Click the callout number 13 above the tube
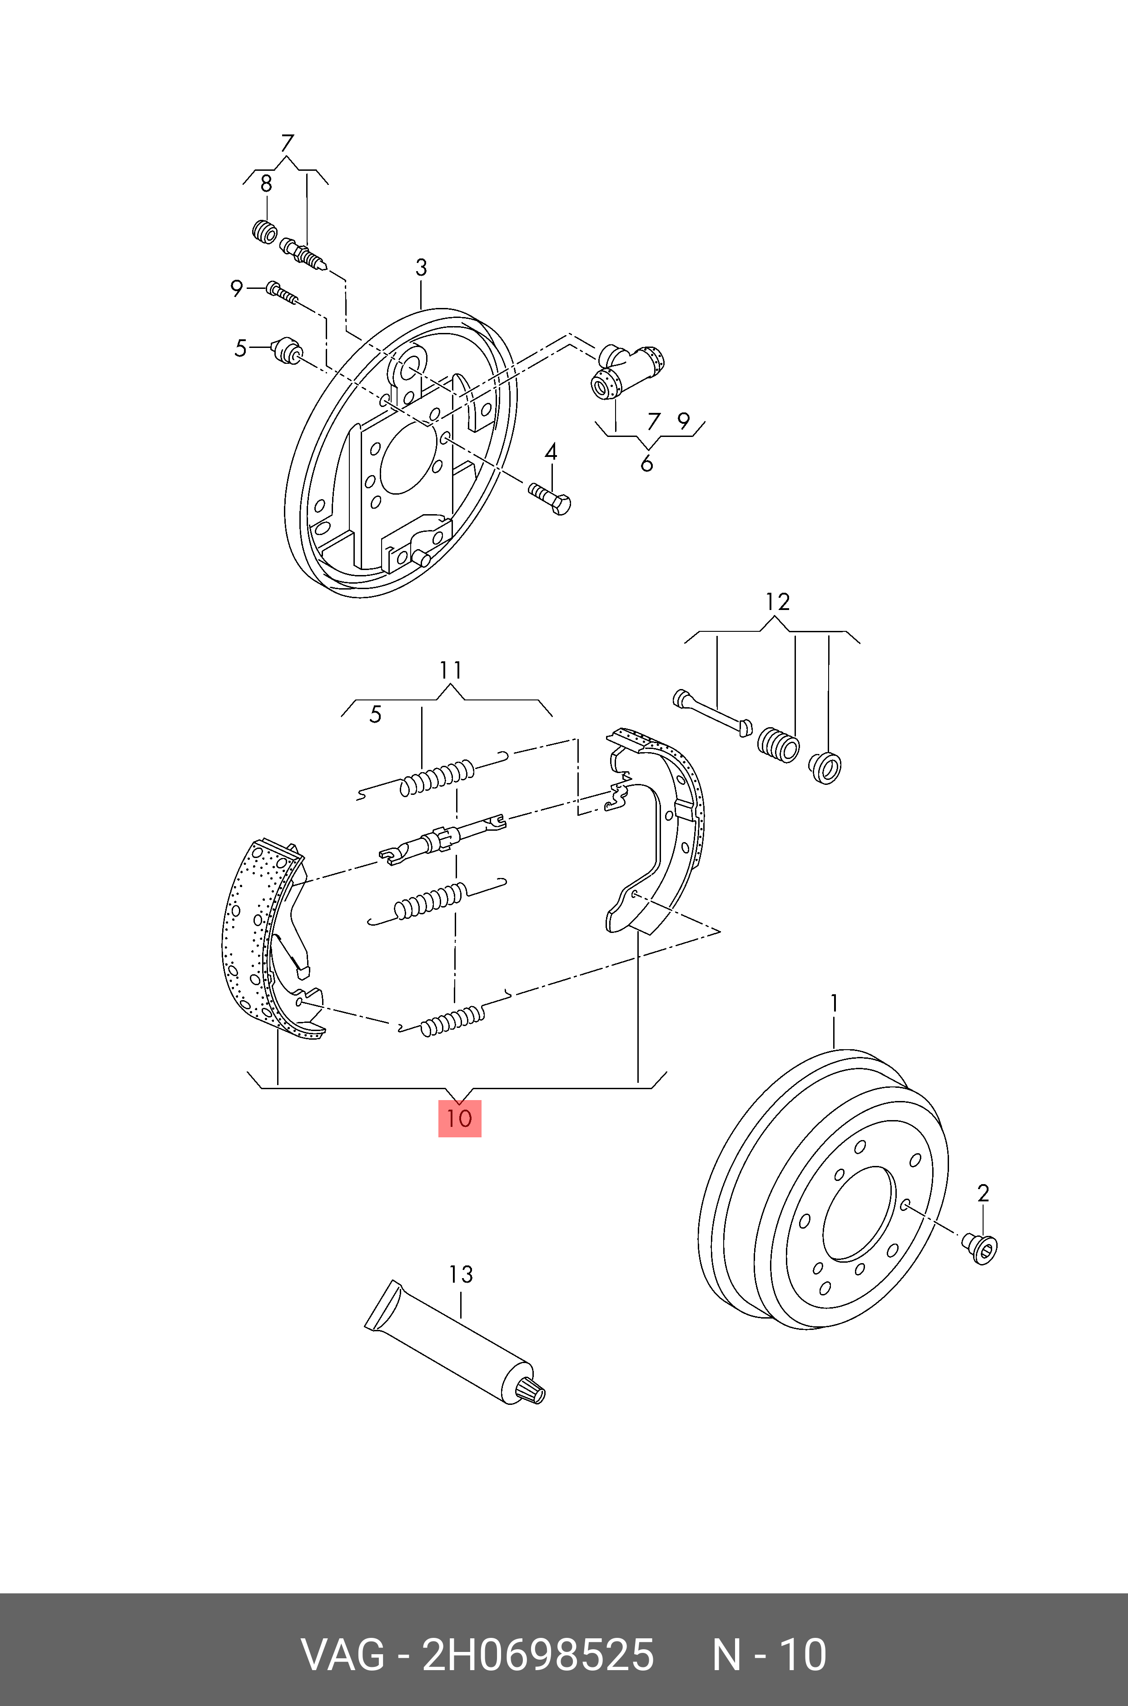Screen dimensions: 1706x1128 pyautogui.click(x=460, y=1275)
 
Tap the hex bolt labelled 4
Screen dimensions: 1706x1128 pyautogui.click(x=550, y=498)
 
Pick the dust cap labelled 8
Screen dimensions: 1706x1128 pyautogui.click(x=265, y=232)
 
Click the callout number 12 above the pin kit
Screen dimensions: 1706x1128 pyautogui.click(x=778, y=601)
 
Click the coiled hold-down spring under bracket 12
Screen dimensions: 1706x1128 pyautogui.click(x=778, y=744)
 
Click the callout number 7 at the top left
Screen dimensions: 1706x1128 pyautogui.click(x=287, y=143)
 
